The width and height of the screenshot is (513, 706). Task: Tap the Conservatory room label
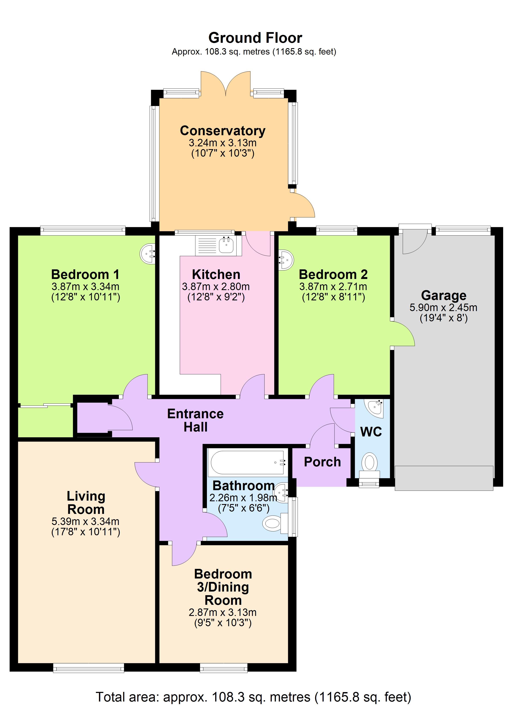coord(223,131)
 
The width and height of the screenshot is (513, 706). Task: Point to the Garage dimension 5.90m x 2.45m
coord(443,308)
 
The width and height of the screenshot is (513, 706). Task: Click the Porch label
coord(322,462)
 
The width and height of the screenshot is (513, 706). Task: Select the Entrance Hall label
coord(195,420)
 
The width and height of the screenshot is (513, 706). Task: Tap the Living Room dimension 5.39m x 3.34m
coord(85,521)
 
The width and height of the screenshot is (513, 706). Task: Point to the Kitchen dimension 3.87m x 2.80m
coord(216,286)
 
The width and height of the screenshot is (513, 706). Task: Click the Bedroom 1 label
coord(85,274)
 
